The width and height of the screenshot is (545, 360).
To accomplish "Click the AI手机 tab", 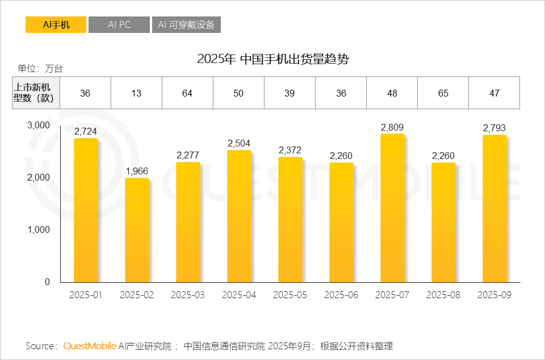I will click(56, 25).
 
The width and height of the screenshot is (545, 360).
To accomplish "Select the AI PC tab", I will click(119, 25).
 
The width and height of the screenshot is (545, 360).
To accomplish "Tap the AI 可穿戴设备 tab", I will click(186, 25).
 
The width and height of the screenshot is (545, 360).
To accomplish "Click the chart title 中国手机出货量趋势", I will click(272, 59).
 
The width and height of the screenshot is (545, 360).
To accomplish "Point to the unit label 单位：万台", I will click(40, 69).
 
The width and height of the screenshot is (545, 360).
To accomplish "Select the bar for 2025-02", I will click(137, 230).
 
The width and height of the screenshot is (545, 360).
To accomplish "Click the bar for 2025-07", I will click(392, 208).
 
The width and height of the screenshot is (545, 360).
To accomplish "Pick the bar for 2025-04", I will click(239, 216).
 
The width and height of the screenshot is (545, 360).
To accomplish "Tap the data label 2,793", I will click(494, 128).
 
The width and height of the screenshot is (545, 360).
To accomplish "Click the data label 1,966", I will click(137, 171).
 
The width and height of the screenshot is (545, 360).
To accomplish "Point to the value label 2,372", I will click(290, 150).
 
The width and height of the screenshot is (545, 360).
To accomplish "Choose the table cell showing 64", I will click(187, 93).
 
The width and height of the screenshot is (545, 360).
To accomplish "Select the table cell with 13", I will click(136, 93).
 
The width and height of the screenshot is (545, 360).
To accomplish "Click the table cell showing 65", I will click(443, 93).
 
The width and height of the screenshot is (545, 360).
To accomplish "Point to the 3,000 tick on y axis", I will click(39, 125).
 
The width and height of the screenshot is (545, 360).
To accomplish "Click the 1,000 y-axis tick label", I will click(39, 229).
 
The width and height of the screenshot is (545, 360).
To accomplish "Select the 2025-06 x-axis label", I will click(341, 295).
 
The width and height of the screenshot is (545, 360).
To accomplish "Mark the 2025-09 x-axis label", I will click(494, 295).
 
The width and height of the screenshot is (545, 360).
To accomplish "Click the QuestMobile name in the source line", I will click(90, 346).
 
